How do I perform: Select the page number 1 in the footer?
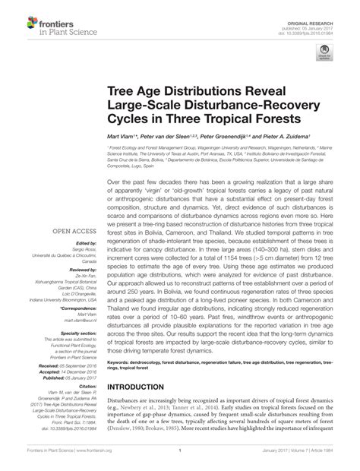coord(179,458)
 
